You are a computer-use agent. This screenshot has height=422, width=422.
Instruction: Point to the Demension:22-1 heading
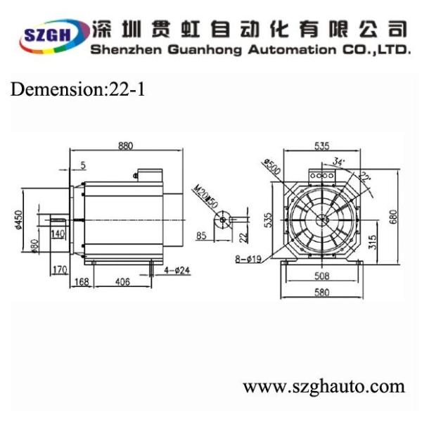(77, 89)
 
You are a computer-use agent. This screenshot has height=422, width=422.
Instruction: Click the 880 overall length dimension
(125, 146)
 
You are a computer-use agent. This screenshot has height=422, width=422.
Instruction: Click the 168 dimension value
(83, 282)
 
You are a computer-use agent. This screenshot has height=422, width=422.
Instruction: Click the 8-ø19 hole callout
(248, 259)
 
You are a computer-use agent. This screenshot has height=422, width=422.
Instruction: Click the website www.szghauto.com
(324, 386)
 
